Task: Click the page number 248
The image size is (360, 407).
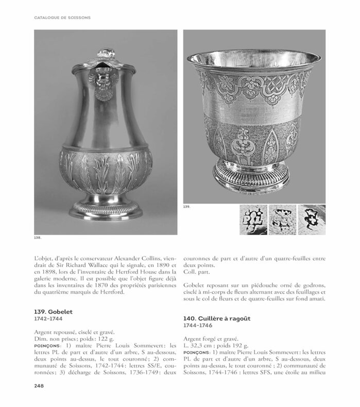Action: coord(42,385)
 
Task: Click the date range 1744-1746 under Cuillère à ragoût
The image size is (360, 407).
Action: coord(200,326)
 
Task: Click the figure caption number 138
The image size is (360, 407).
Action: coord(38,238)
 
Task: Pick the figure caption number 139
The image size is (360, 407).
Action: coord(187,207)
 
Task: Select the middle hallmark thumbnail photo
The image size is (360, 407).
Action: coord(281,219)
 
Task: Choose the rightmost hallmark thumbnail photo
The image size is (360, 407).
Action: coord(311,219)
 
